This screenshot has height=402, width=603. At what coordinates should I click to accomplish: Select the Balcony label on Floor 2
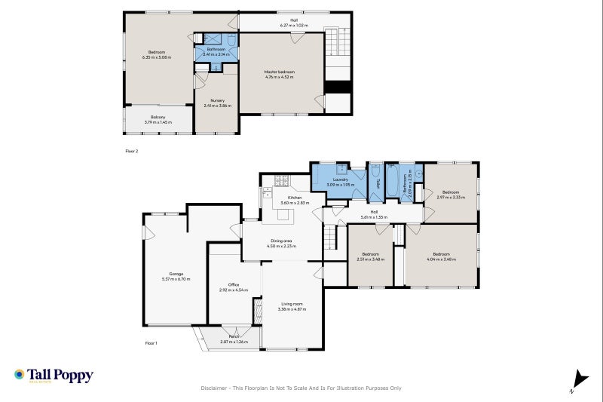click(x=158, y=117)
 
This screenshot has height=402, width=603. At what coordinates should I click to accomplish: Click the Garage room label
click(x=176, y=274)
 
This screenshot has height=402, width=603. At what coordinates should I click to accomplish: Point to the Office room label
click(x=234, y=284)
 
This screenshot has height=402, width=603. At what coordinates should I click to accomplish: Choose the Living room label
click(x=290, y=304)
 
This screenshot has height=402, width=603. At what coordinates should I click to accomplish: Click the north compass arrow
click(x=577, y=380)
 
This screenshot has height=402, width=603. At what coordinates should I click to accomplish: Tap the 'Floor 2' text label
click(x=131, y=151)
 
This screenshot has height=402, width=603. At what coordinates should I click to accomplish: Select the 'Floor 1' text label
click(x=152, y=343)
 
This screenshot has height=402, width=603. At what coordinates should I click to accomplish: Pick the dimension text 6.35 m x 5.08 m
click(x=157, y=57)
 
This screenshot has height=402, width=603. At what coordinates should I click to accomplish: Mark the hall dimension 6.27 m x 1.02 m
click(x=294, y=26)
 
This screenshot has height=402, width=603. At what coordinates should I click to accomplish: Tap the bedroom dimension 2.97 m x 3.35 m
click(x=451, y=198)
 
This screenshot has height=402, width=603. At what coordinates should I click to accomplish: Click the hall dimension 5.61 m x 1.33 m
click(x=374, y=217)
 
